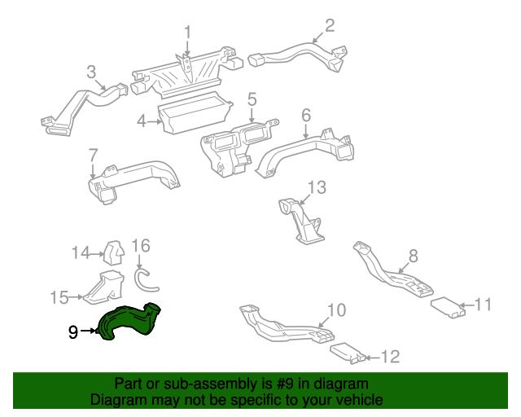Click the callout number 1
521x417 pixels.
186,33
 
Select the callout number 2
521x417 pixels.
329,26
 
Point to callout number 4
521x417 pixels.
142,121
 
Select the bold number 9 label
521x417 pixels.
72,331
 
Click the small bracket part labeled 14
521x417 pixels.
114,252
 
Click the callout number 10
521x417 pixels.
336,310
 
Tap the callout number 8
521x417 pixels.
413,256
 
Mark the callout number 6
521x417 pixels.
306,115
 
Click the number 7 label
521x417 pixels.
93,154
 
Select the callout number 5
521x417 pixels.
252,99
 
